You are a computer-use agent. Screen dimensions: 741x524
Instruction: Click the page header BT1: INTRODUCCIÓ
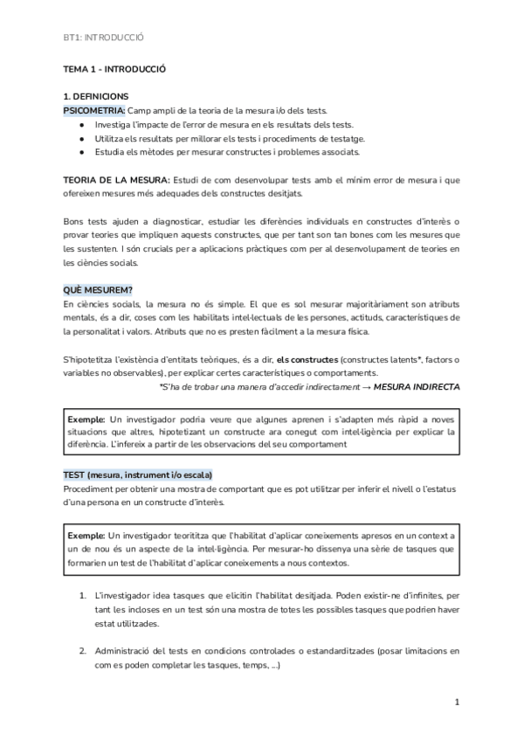click(103, 38)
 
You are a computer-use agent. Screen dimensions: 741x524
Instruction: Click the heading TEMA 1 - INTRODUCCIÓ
click(114, 67)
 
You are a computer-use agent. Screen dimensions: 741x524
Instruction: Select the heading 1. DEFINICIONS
click(95, 96)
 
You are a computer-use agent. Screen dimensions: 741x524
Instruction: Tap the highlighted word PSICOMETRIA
click(94, 110)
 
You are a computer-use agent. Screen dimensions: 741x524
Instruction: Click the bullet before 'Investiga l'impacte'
click(80, 124)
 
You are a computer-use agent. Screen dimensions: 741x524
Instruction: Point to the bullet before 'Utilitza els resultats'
click(80, 138)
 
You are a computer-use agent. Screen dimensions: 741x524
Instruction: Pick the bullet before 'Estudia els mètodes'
click(80, 152)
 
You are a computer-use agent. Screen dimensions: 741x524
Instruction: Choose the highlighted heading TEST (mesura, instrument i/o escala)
click(137, 474)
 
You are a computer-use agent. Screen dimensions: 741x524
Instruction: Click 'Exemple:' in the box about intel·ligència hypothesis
click(86, 419)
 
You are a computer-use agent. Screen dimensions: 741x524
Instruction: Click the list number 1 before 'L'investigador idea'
click(82, 594)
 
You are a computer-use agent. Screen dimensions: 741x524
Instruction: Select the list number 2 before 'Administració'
click(82, 651)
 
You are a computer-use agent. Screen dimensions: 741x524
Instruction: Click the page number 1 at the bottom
click(458, 702)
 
